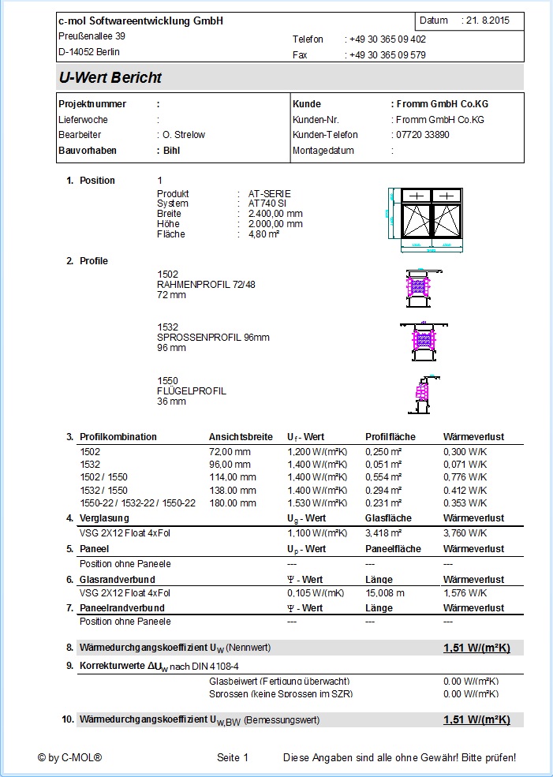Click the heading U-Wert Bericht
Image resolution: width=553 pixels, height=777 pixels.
point(110,78)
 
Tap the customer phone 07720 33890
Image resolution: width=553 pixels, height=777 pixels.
point(421,135)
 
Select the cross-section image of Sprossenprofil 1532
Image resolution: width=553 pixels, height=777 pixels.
point(424,339)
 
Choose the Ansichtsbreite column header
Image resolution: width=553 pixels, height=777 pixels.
point(241,437)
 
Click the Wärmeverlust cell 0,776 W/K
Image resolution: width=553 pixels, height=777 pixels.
point(465,477)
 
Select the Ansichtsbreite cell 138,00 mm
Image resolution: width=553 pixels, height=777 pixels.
point(232,490)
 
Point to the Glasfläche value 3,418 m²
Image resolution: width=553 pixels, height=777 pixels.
point(384,533)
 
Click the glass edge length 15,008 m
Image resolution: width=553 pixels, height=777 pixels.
point(385,593)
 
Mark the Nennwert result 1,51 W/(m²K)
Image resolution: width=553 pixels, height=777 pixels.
point(476,648)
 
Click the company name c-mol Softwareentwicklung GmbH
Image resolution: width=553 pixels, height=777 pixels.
point(140,21)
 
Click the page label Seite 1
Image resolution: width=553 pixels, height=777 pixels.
point(233,758)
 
